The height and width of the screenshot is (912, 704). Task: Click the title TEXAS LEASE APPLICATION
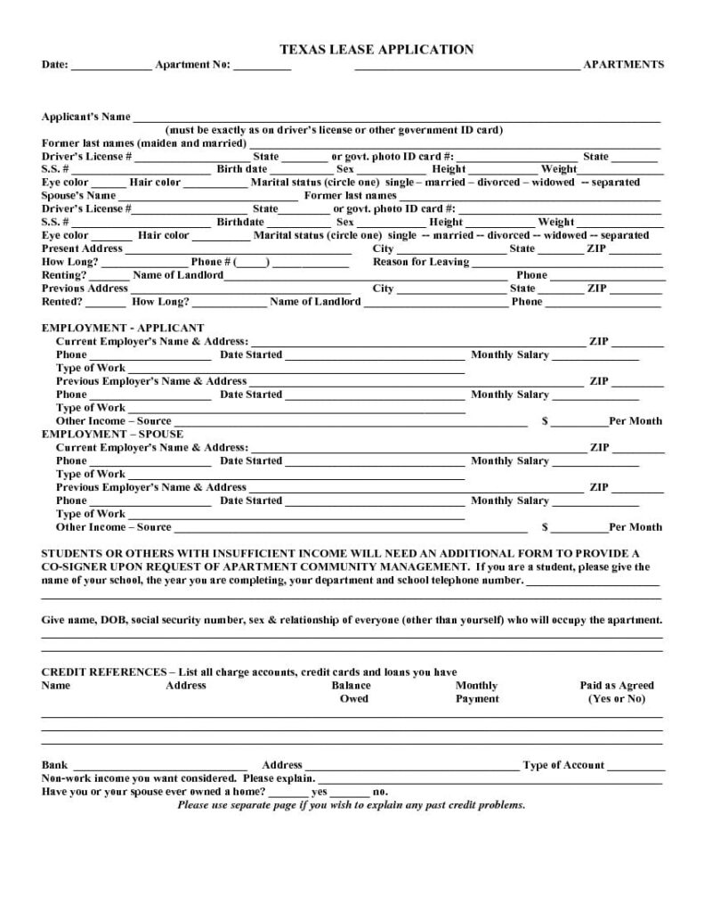point(377,50)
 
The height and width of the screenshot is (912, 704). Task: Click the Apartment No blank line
point(263,66)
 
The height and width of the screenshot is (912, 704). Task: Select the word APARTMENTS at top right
point(623,65)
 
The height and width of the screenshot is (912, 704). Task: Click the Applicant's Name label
point(86,117)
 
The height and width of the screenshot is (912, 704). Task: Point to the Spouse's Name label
point(78,196)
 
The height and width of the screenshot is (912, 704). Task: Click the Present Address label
point(82,248)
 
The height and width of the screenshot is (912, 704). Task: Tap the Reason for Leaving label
point(420,262)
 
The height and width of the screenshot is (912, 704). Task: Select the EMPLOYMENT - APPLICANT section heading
point(123,328)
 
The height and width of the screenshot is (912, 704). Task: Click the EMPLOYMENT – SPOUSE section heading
point(112,434)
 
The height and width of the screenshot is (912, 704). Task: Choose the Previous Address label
point(85,289)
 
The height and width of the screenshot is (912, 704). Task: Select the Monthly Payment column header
point(477,692)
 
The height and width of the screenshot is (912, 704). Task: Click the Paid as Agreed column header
point(616,692)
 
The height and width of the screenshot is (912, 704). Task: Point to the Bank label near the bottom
point(54,765)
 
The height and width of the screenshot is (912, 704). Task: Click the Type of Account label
point(563,765)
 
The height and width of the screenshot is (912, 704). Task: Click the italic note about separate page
point(351,805)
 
